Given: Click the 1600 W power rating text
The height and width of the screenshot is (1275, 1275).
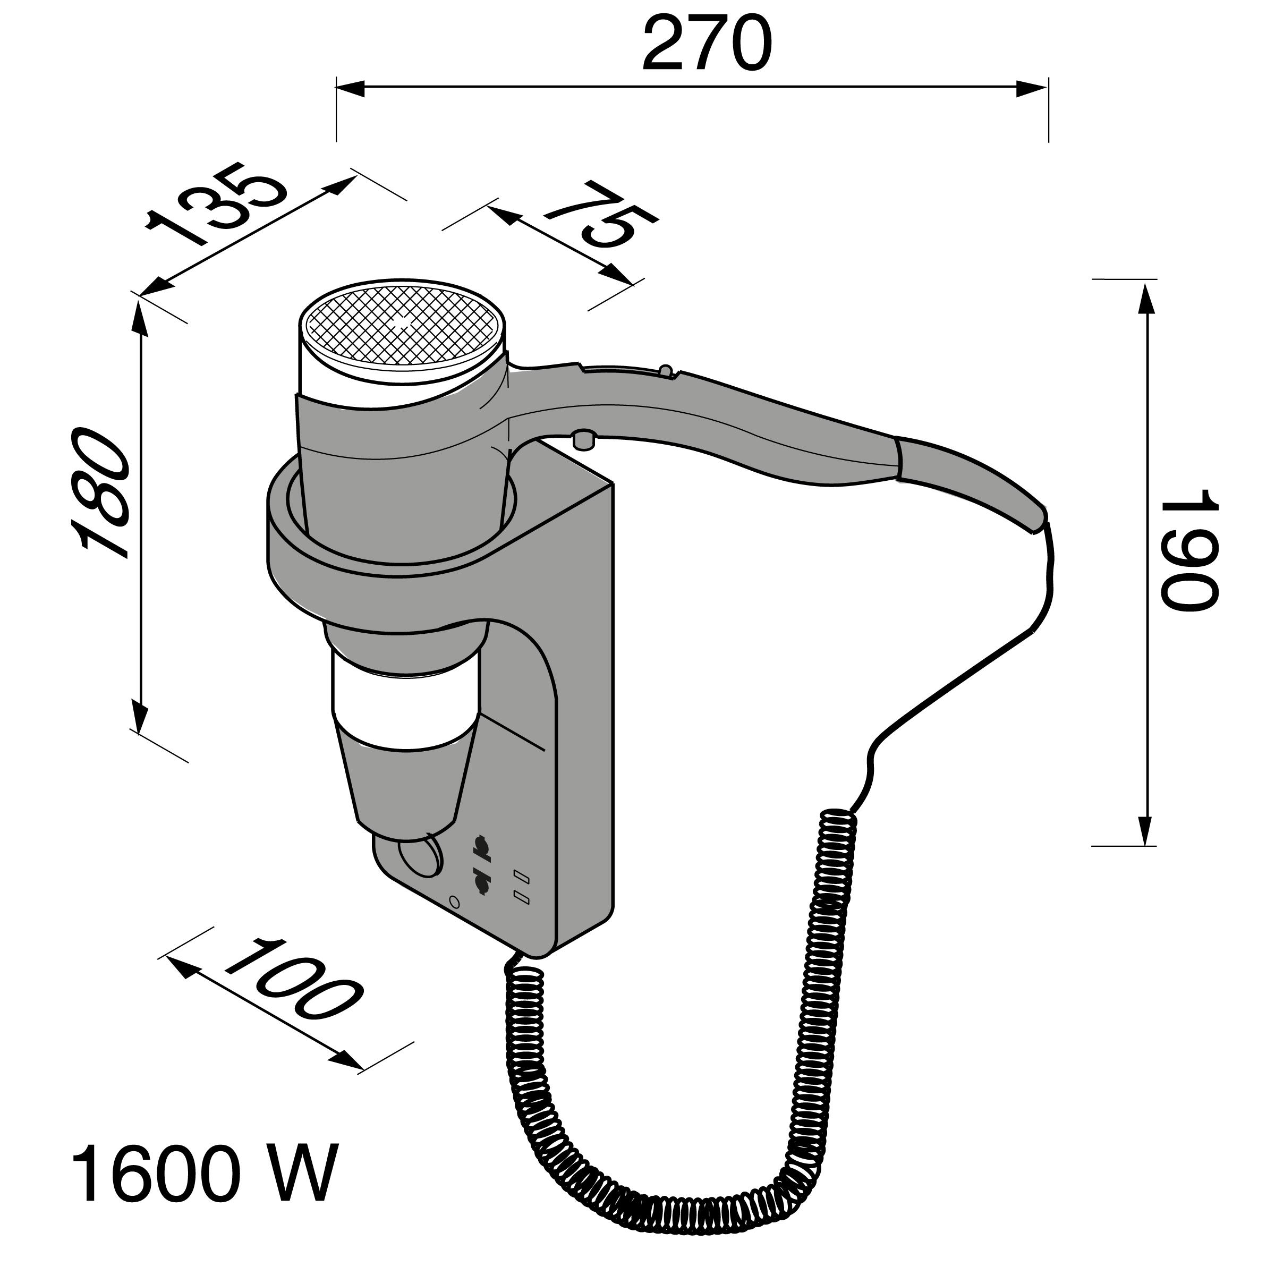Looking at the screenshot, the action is [204, 1175].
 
